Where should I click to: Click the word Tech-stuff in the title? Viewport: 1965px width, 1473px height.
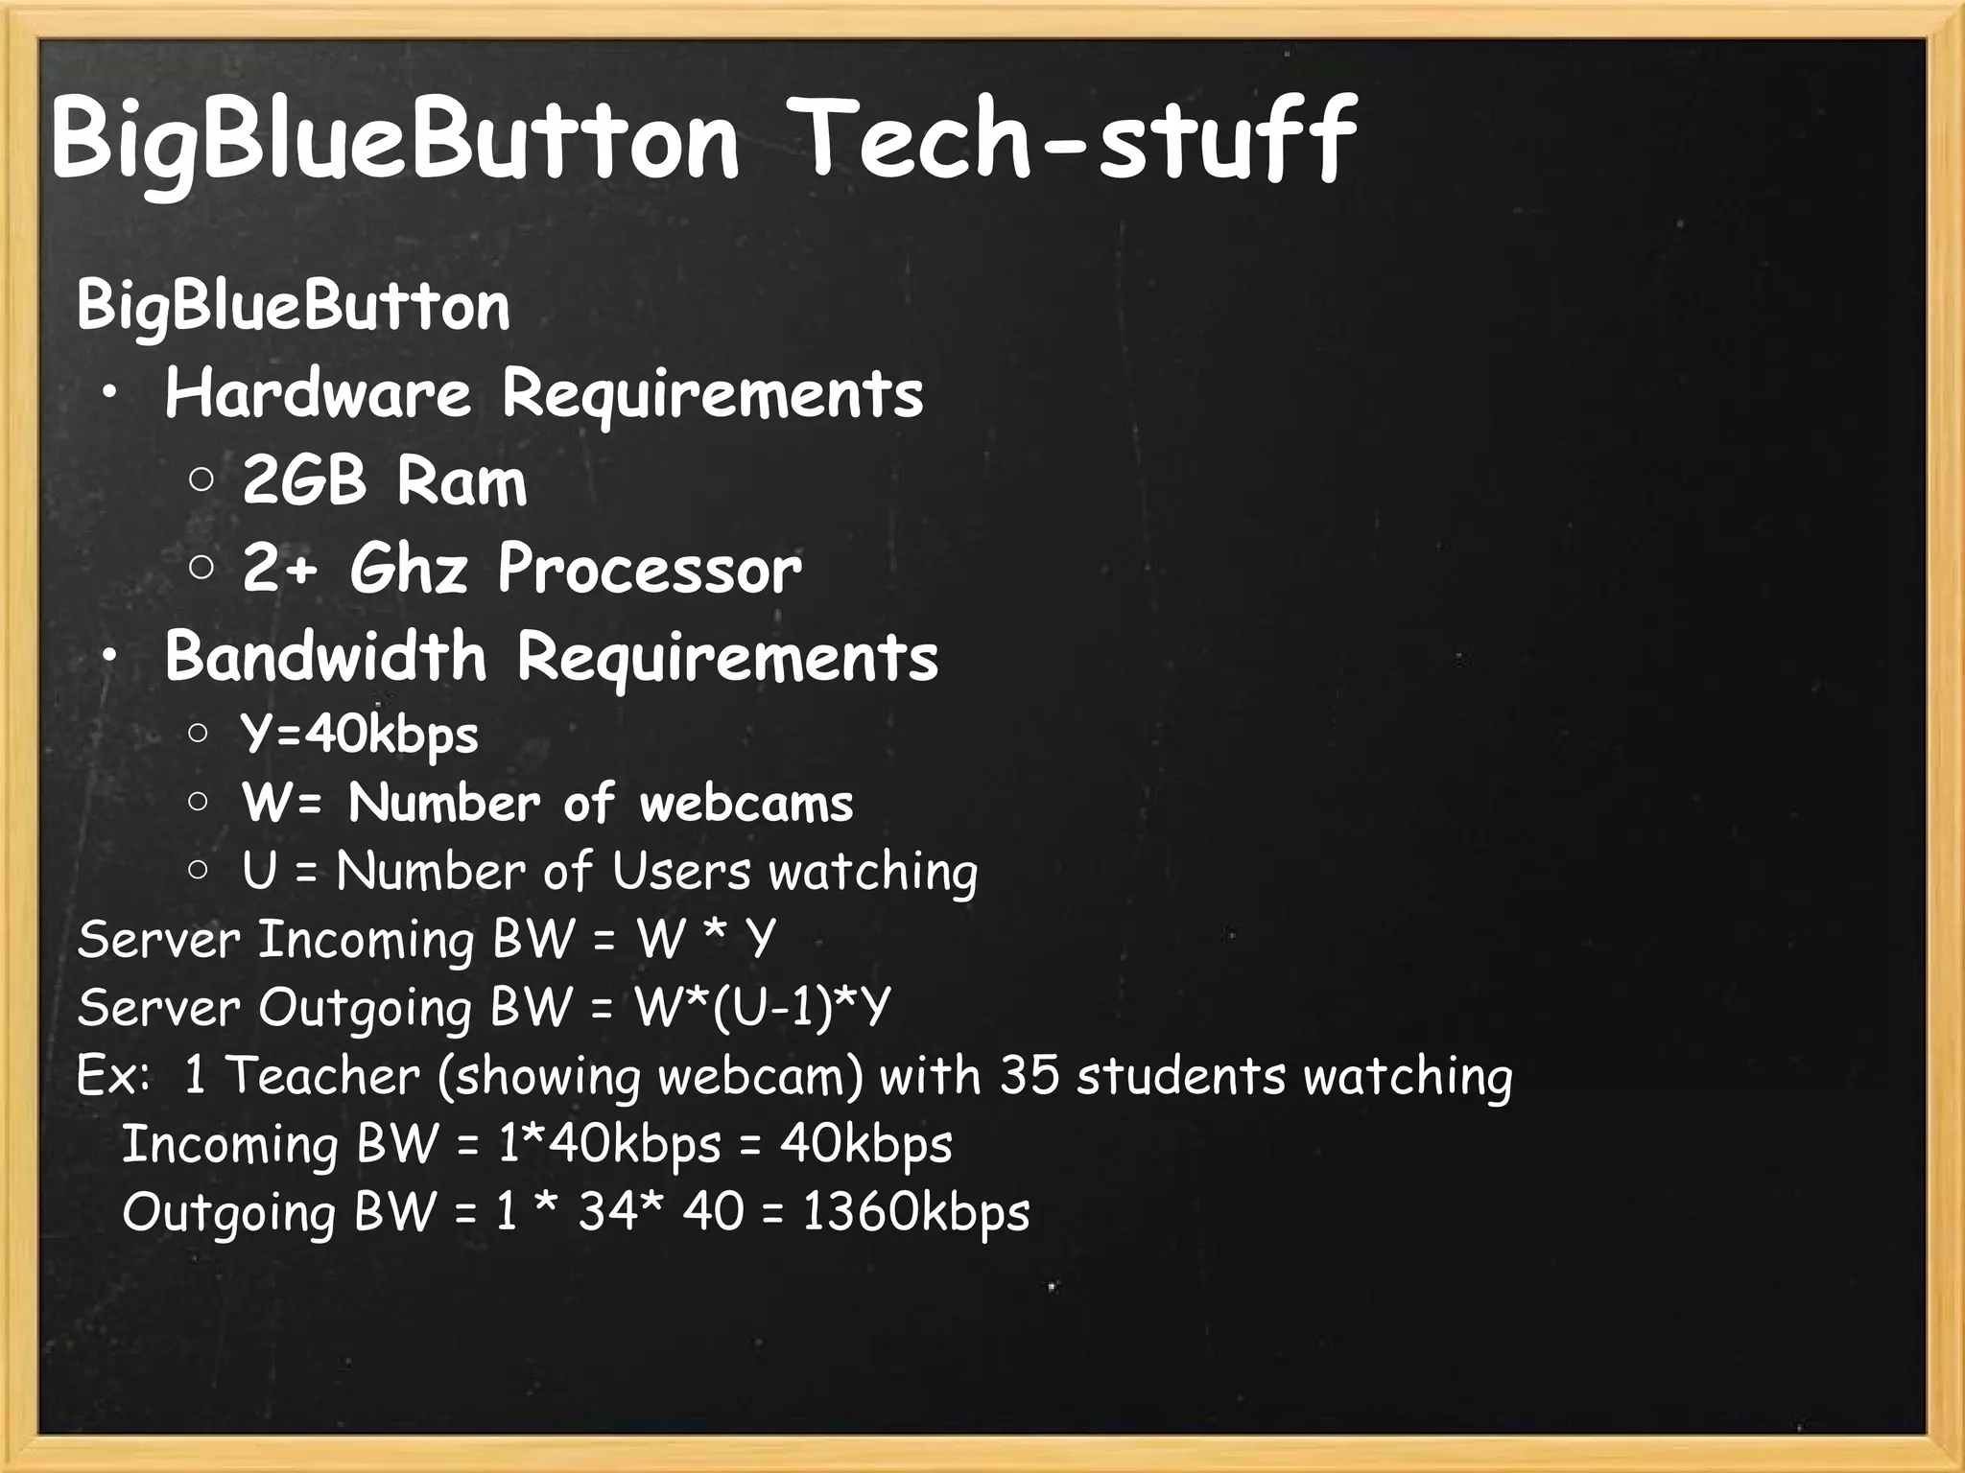pyautogui.click(x=1075, y=142)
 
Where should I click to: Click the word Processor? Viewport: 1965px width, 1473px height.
pyautogui.click(x=650, y=570)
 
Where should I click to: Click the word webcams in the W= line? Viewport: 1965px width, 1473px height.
pyautogui.click(x=746, y=804)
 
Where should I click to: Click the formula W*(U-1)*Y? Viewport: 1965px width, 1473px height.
pyautogui.click(x=763, y=1008)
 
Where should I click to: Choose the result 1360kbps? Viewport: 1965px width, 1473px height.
pyautogui.click(x=915, y=1212)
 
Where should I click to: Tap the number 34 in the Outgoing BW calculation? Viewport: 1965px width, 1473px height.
pyautogui.click(x=608, y=1212)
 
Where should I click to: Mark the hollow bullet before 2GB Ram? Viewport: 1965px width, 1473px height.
pyautogui.click(x=201, y=480)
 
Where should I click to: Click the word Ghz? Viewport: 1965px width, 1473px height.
pyautogui.click(x=409, y=570)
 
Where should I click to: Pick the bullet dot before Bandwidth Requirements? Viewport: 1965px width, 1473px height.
pyautogui.click(x=111, y=656)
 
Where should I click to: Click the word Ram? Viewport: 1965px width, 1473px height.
pyautogui.click(x=462, y=481)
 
